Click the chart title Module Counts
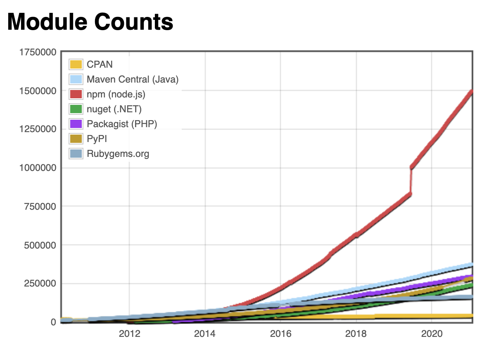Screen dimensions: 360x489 coord(90,21)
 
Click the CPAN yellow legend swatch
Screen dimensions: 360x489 coord(76,64)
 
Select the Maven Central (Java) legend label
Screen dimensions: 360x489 coord(133,79)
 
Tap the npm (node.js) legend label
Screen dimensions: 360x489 coord(116,94)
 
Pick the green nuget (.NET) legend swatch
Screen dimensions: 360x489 coord(76,109)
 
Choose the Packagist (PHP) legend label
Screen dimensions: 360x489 coord(122,124)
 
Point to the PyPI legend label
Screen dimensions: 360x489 coord(97,139)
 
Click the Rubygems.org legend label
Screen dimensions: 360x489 coord(118,154)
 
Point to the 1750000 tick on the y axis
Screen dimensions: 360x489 coord(37,52)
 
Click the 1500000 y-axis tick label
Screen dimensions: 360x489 coord(37,91)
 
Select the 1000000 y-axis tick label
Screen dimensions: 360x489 coord(37,168)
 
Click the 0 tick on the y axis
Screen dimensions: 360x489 coord(54,322)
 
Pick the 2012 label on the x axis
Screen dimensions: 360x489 coord(130,334)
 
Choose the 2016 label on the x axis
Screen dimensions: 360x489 coord(280,334)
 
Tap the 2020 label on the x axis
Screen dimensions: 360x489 coord(432,334)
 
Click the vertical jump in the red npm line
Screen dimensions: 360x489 coord(411,180)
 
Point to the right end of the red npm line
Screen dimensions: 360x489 coord(471,92)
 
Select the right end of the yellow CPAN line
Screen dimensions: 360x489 coord(471,316)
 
